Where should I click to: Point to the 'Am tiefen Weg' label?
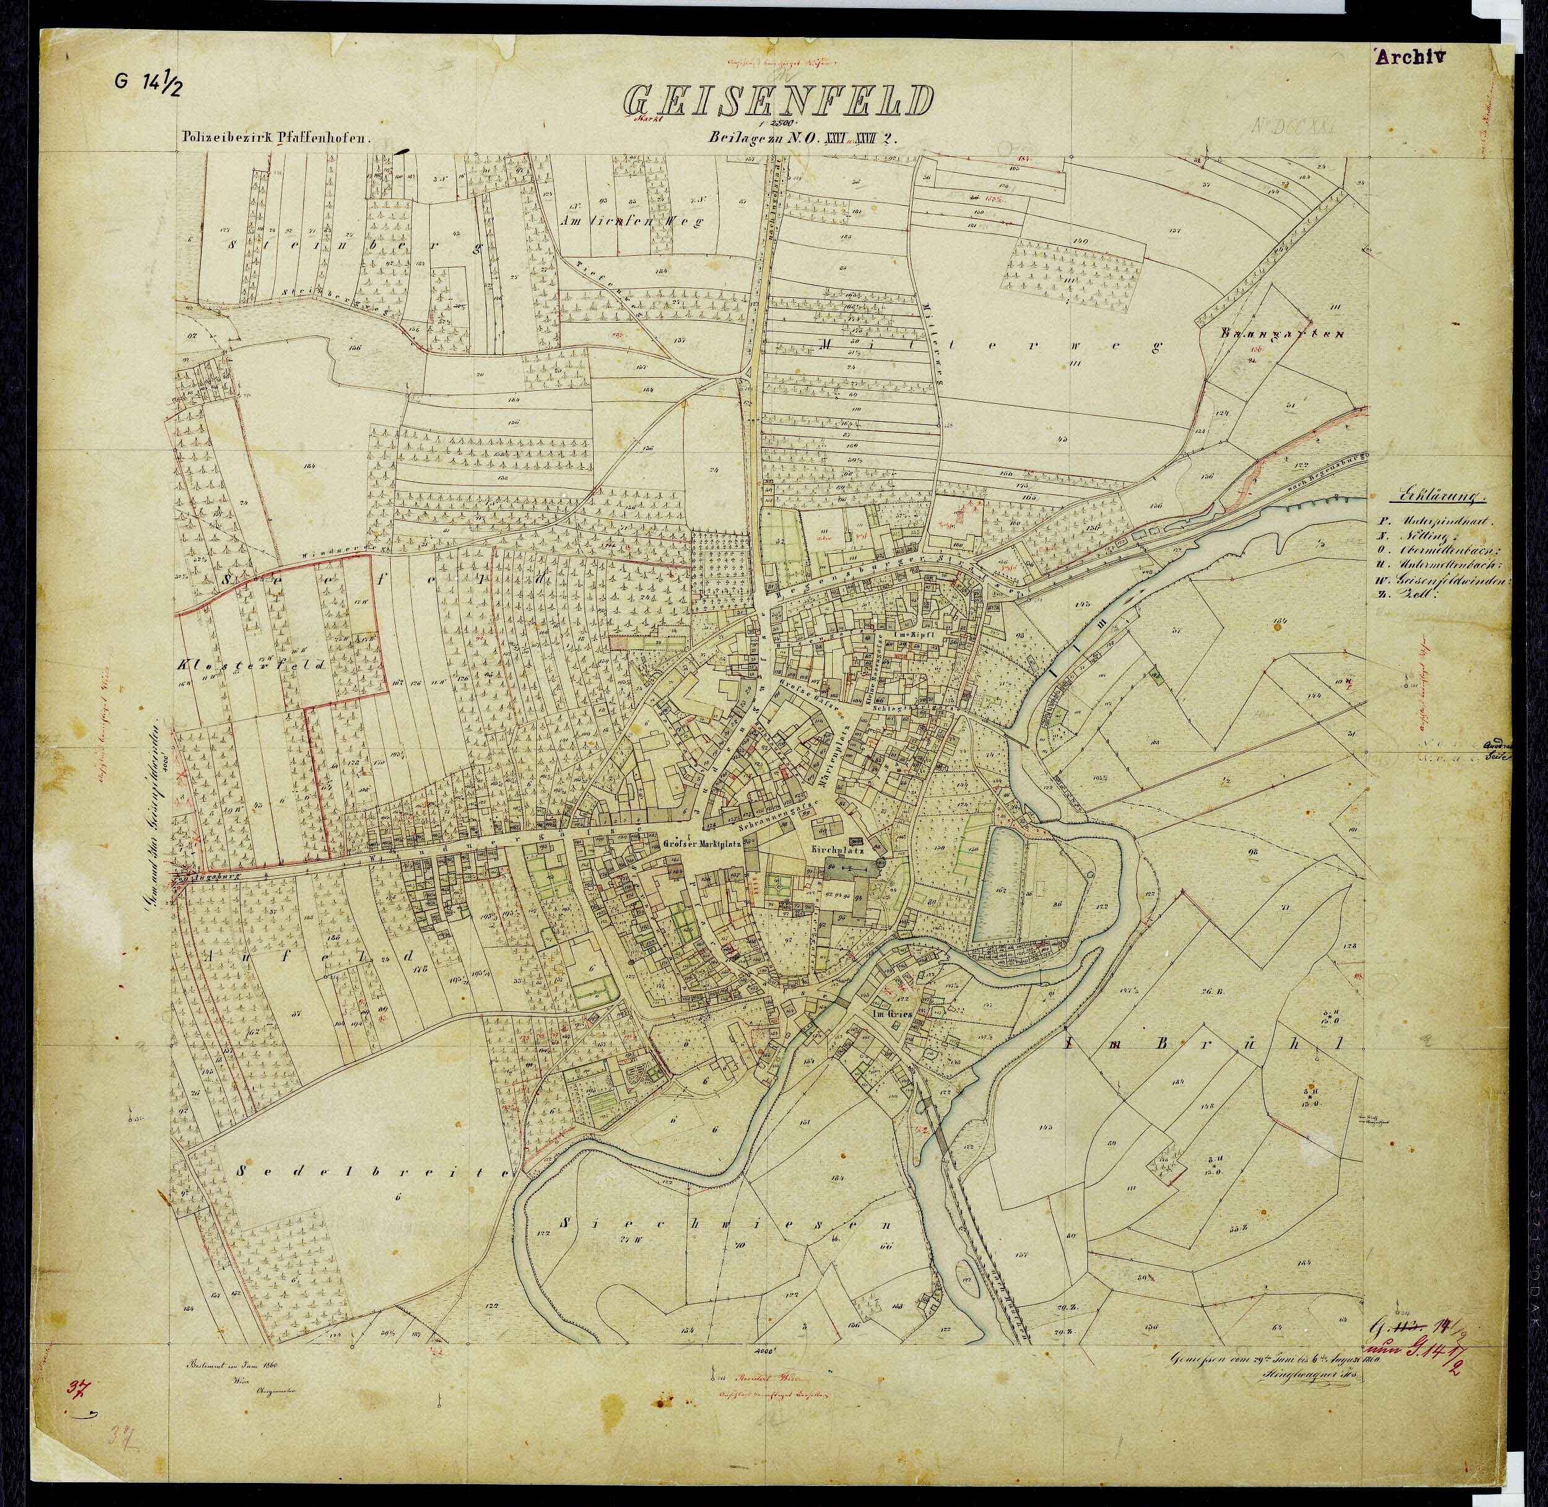(x=632, y=223)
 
